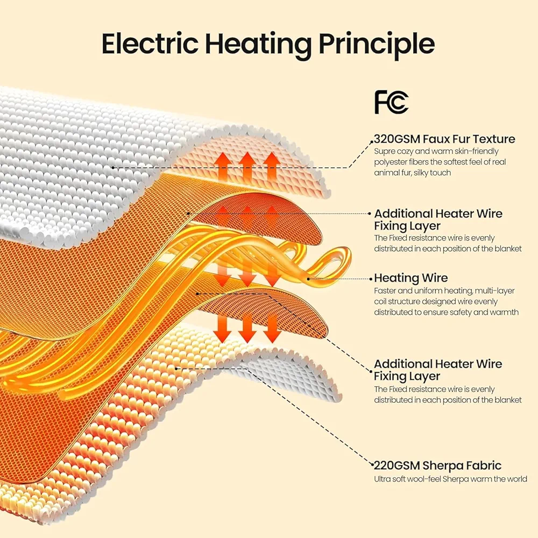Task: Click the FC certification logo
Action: point(391,102)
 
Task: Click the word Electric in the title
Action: point(150,43)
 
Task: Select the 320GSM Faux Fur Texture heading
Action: point(444,139)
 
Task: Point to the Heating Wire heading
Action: point(410,278)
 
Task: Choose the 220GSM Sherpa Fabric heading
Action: point(437,465)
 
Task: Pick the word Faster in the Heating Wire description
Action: point(385,291)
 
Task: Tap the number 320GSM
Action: point(397,139)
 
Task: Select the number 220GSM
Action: point(397,465)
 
